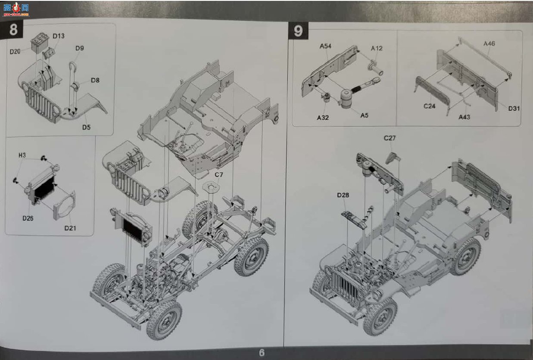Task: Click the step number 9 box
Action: tap(298, 31)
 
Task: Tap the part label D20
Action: tap(15, 51)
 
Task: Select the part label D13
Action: tap(59, 36)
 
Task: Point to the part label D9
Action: tap(80, 48)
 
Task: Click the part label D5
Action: tap(86, 127)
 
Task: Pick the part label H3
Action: tap(22, 155)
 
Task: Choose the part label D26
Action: tap(28, 218)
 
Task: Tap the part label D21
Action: tap(70, 228)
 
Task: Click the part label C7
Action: tap(219, 175)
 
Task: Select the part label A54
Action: tap(325, 46)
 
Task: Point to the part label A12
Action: tap(377, 48)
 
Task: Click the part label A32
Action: tap(323, 118)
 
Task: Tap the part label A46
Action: tap(489, 43)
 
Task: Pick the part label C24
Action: tap(430, 106)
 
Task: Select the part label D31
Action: tap(514, 109)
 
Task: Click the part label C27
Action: tap(390, 138)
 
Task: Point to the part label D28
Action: tap(343, 195)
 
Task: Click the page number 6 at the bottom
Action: tap(262, 353)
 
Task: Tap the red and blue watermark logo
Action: tap(16, 9)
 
